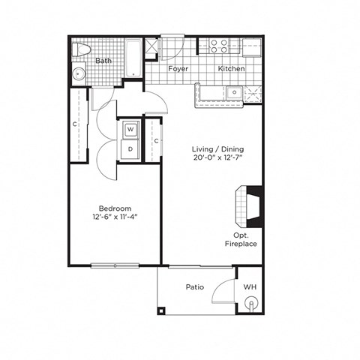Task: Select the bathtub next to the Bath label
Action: (x=132, y=58)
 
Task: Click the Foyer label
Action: (x=178, y=69)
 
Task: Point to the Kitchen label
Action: (x=231, y=69)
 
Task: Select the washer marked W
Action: (x=130, y=130)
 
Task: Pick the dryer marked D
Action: (x=130, y=148)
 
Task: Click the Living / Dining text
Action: (x=217, y=149)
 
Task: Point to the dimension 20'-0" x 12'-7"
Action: (x=217, y=159)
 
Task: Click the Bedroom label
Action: (x=115, y=208)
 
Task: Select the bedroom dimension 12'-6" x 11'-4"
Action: (x=115, y=218)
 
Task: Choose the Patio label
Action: (x=195, y=287)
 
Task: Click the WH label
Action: (x=250, y=287)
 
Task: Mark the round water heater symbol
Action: (x=252, y=304)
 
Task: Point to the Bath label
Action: (x=103, y=61)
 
